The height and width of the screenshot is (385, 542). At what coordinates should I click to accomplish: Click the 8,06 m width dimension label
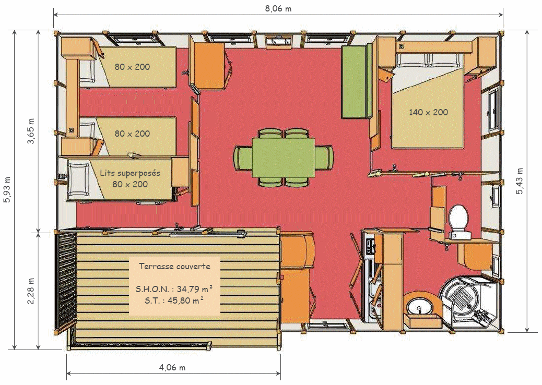(278, 9)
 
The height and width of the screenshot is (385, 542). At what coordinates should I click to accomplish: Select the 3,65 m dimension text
(31, 131)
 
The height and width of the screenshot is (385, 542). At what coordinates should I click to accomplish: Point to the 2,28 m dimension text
(31, 291)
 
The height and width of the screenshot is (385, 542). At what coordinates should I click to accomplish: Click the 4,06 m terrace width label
(172, 367)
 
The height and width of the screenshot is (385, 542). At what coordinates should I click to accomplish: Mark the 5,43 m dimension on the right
(520, 181)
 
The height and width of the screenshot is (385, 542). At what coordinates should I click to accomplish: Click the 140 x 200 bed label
(428, 112)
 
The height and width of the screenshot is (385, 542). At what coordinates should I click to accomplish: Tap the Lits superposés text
(130, 173)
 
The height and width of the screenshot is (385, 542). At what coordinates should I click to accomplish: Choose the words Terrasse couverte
(174, 266)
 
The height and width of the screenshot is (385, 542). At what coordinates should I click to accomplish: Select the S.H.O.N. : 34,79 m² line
(174, 288)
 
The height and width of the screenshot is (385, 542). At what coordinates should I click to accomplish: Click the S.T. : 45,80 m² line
(174, 300)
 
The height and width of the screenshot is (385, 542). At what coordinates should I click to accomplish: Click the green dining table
(284, 153)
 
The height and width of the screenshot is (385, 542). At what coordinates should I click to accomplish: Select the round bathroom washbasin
(419, 306)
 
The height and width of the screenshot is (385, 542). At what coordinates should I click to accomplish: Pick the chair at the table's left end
(243, 158)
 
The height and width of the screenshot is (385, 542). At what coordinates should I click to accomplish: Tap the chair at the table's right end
(324, 158)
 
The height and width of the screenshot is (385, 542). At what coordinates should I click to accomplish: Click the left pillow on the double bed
(412, 60)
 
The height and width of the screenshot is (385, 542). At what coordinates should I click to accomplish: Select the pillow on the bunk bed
(78, 179)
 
